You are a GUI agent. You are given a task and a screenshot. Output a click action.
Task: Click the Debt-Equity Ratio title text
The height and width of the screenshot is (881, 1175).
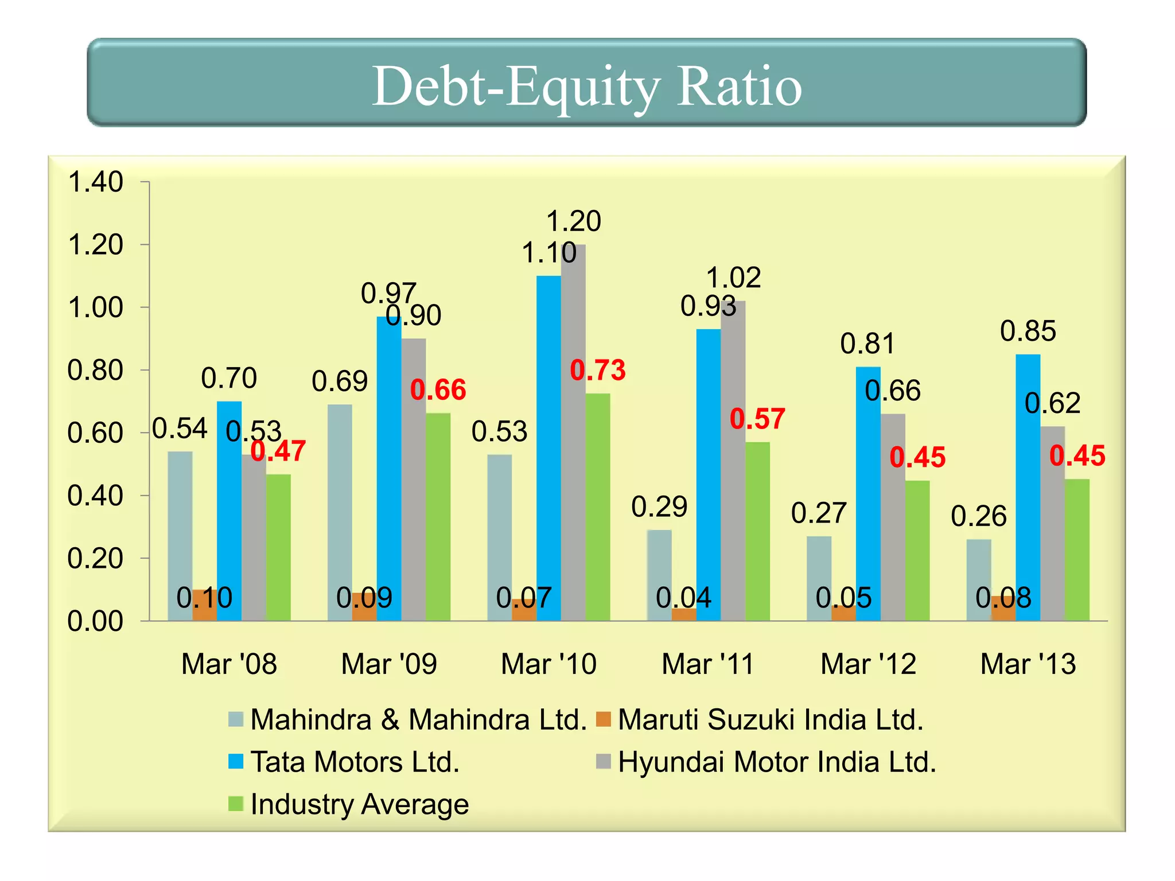[x=586, y=86]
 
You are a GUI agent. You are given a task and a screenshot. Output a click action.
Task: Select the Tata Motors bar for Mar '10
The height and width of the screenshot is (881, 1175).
[x=548, y=447]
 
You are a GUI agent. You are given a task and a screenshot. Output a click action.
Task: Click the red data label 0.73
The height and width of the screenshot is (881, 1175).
[x=597, y=370]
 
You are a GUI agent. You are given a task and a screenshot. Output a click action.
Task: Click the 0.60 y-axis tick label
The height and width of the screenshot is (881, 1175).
[x=95, y=433]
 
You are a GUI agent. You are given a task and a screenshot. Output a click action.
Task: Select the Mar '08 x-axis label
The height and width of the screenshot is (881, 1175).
[x=229, y=664]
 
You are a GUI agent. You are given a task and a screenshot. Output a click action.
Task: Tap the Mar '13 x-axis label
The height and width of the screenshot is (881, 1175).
[x=1028, y=664]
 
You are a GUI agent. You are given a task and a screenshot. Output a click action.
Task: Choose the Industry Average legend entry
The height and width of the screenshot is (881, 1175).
[x=359, y=804]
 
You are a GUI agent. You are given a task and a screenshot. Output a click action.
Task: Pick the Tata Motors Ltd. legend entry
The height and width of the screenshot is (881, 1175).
[x=355, y=762]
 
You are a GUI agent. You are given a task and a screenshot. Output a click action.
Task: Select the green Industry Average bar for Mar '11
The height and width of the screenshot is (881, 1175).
[x=757, y=531]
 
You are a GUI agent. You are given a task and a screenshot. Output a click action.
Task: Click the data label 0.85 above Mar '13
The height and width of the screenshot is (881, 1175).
[x=1028, y=331]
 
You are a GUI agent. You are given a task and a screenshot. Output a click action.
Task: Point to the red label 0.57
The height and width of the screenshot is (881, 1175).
[x=757, y=419]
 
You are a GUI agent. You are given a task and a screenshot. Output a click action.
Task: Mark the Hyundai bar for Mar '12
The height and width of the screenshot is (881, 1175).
[x=893, y=517]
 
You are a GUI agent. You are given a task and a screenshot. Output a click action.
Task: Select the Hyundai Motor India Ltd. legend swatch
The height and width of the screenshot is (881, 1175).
[x=604, y=762]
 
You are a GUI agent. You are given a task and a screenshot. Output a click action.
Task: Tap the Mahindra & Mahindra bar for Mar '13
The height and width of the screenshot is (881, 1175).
[x=978, y=580]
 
